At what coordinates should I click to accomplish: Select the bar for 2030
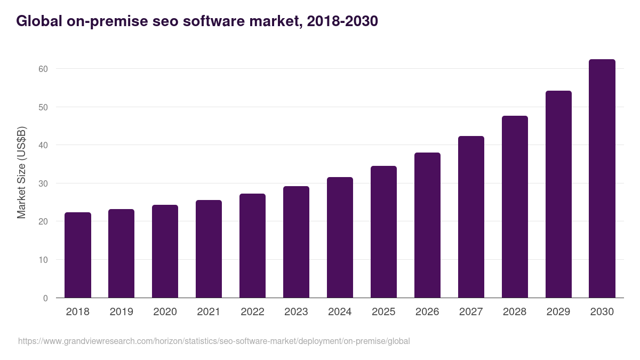click(602, 179)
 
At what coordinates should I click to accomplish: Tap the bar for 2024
click(340, 237)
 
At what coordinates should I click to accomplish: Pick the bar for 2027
click(471, 217)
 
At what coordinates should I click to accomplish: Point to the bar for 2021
click(209, 249)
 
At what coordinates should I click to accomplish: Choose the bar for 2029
click(558, 194)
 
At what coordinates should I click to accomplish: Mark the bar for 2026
click(427, 225)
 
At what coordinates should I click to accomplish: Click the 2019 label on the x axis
click(122, 312)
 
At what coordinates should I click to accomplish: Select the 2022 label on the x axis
click(252, 312)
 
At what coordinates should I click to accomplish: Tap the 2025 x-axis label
click(383, 312)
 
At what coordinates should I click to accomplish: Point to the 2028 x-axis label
click(515, 312)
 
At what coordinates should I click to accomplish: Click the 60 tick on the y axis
click(43, 69)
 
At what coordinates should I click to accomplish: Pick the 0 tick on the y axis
click(45, 298)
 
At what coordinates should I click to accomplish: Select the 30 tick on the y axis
click(43, 183)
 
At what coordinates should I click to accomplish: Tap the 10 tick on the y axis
click(43, 260)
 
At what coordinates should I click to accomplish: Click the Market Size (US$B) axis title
click(22, 173)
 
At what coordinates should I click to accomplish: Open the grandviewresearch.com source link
click(214, 341)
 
